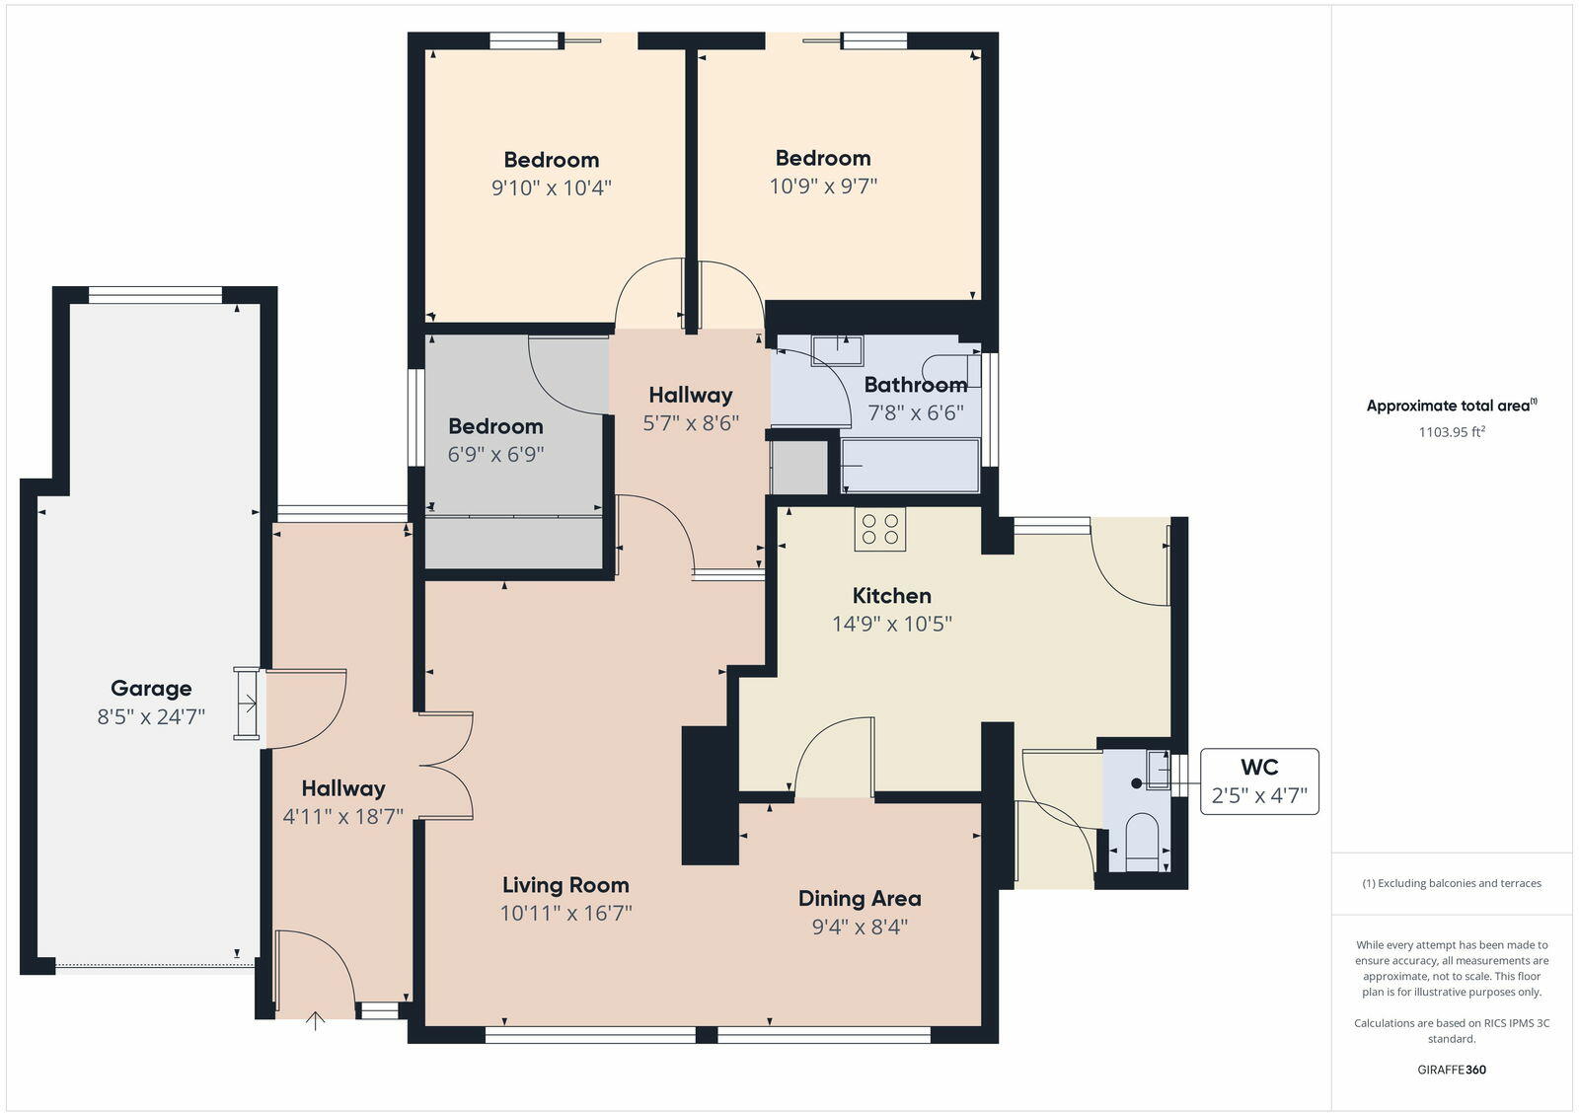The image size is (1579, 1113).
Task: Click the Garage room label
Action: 151,689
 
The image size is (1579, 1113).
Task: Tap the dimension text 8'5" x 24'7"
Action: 151,716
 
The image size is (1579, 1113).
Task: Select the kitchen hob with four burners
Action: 880,529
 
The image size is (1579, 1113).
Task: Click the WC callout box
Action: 1259,781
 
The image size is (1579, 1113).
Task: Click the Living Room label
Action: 565,885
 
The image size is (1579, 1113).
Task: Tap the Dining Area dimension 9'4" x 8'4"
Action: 860,927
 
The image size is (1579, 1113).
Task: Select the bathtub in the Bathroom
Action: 910,466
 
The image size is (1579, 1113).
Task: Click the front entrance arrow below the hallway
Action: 315,1021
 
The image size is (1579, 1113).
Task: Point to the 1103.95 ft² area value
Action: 1452,431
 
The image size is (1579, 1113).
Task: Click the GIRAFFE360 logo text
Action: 1452,1070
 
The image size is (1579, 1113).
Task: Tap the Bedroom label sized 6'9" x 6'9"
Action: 495,426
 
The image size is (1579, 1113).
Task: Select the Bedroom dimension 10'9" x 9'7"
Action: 823,185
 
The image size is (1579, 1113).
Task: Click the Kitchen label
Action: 891,596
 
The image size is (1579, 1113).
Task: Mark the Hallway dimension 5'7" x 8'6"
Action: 691,423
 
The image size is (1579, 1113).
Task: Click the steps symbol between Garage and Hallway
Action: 248,704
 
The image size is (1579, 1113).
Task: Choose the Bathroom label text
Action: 915,385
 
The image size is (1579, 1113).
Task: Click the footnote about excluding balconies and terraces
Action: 1452,883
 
